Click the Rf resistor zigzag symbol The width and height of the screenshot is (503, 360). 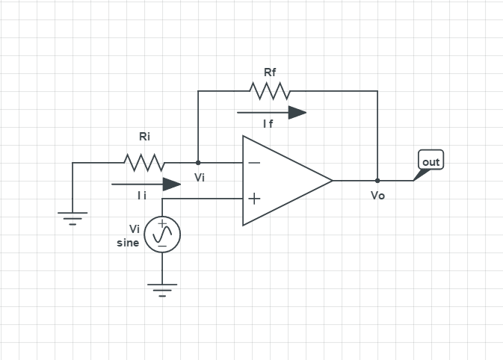click(270, 91)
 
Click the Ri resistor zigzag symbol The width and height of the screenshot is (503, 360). click(144, 162)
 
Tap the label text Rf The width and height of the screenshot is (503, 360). click(270, 72)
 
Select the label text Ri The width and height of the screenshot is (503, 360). click(144, 137)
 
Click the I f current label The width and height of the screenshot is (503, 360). click(268, 124)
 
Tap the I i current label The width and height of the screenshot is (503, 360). click(141, 196)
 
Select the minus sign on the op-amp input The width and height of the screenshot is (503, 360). click(254, 162)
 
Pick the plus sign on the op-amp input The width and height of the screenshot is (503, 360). click(254, 199)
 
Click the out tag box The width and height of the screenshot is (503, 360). click(431, 161)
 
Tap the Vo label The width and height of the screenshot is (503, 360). click(377, 196)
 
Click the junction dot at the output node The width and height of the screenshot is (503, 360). click(377, 180)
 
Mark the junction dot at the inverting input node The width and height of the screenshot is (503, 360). click(198, 162)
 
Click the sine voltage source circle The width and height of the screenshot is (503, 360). click(162, 235)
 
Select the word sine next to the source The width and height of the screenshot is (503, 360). click(128, 243)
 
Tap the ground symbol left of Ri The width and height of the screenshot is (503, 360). click(72, 217)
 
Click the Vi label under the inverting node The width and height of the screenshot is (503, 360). click(200, 178)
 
